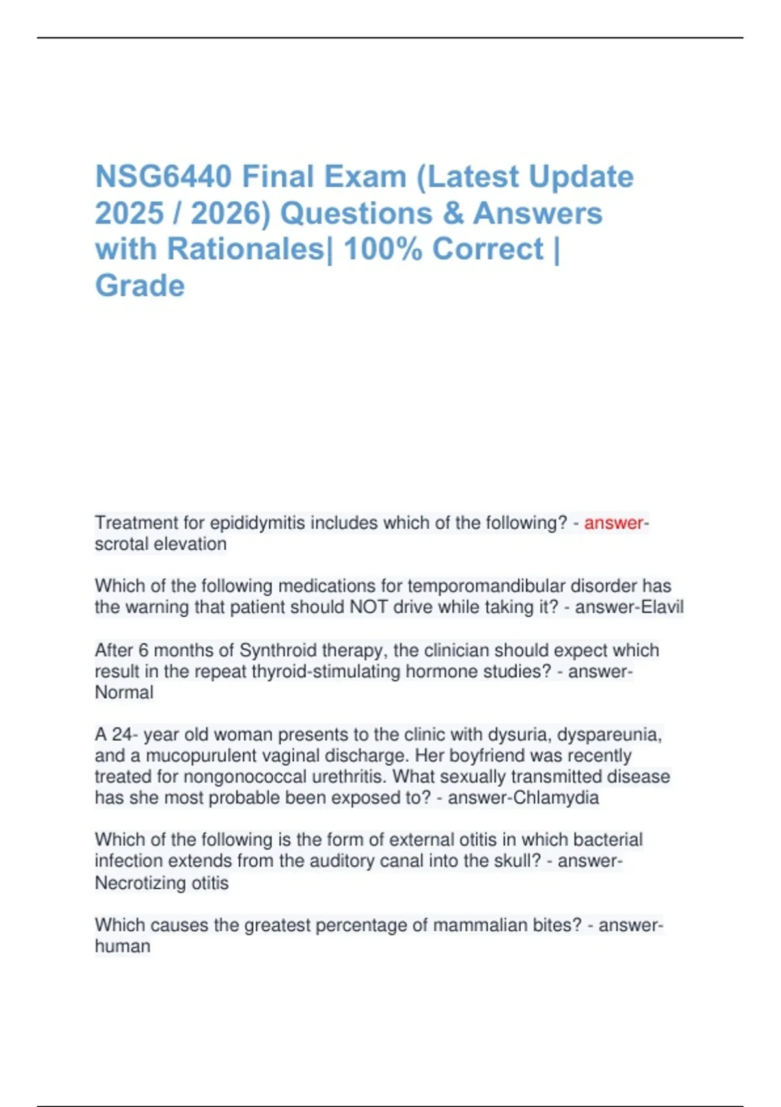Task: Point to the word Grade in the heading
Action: tap(140, 286)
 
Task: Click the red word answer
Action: tap(612, 523)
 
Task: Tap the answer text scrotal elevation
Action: tap(161, 544)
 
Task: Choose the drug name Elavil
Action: tap(662, 607)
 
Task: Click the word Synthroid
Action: tap(281, 650)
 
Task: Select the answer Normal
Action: tap(124, 692)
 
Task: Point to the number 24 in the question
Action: tap(121, 735)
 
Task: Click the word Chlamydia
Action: tap(556, 798)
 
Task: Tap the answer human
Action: tap(122, 946)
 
